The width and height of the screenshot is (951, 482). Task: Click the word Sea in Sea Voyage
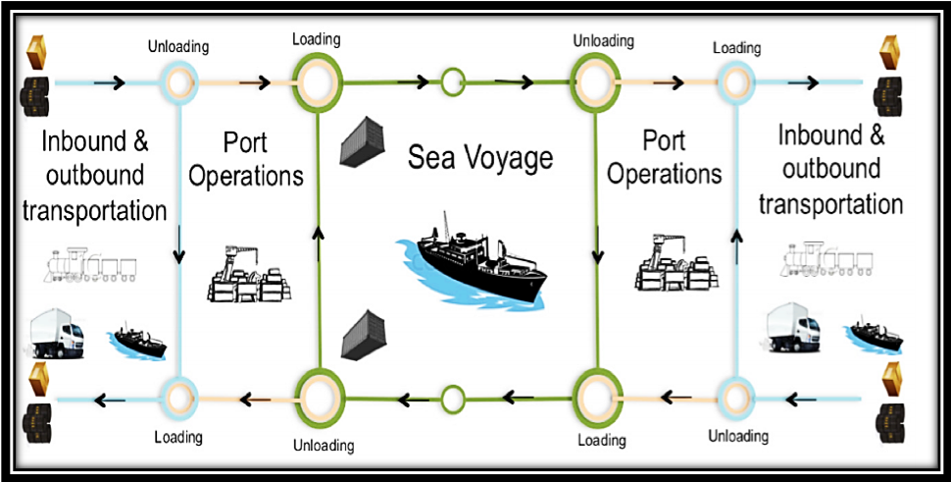431,158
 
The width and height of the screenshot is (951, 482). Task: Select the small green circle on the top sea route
452,81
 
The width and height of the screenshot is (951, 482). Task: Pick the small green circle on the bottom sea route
452,399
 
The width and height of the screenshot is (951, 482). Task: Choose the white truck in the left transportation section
57,335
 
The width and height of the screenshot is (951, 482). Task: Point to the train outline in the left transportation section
89,265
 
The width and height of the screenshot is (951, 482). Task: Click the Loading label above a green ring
317,40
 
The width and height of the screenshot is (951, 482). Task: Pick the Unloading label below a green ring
324,445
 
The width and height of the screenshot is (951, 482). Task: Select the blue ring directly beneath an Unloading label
180,81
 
